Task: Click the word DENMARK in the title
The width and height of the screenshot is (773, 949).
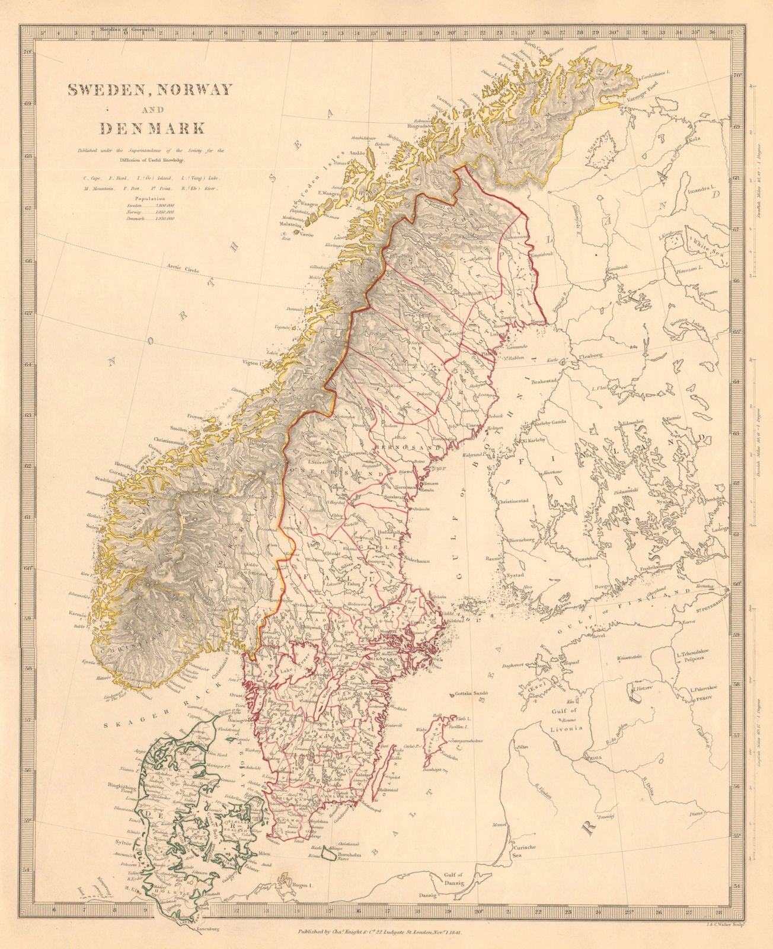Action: tap(152, 128)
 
